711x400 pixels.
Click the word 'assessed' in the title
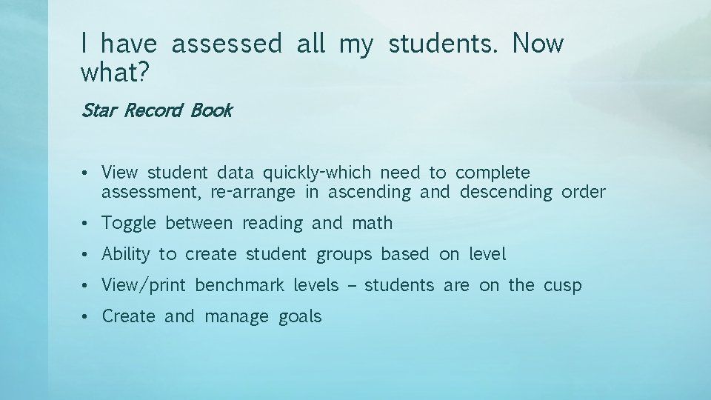[x=227, y=44]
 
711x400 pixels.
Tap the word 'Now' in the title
[x=537, y=44]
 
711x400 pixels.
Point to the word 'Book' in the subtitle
[x=211, y=111]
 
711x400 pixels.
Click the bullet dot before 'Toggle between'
[x=87, y=224]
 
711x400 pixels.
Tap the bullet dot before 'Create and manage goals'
[x=87, y=317]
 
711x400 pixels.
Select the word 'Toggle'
[x=129, y=223]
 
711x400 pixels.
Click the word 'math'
[x=373, y=223]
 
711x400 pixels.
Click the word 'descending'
[x=506, y=193]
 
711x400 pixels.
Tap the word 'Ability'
[x=126, y=254]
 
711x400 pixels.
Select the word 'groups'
[x=344, y=254]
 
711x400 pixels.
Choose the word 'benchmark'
[x=239, y=285]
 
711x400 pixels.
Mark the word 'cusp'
[x=563, y=286]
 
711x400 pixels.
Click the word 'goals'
[x=301, y=317]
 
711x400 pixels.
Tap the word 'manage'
[x=236, y=317]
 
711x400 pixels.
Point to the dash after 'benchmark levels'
[x=351, y=286]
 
